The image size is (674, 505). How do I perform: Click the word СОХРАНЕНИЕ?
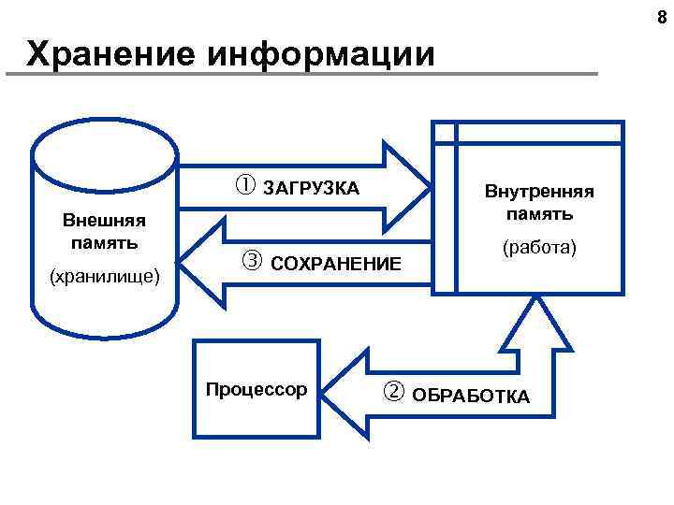[335, 266]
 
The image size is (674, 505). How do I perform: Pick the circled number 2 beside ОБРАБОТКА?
[392, 392]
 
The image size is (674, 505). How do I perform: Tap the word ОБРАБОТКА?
[471, 397]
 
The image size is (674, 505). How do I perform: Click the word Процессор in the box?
[256, 388]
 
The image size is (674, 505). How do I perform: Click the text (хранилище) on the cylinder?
[105, 277]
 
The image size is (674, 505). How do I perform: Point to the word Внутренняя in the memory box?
[538, 192]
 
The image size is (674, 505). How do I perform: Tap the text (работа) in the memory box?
[539, 249]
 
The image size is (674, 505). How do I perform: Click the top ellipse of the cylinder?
[105, 150]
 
